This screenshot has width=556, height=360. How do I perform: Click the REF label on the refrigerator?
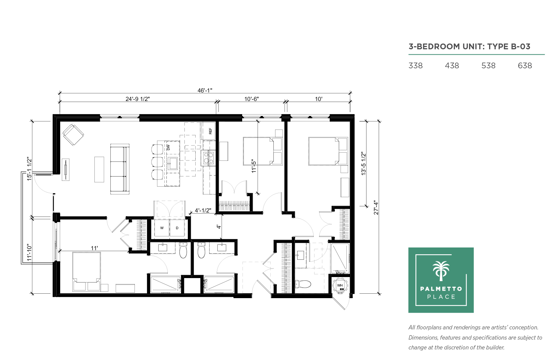point(211,131)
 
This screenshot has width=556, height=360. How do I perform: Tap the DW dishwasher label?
point(168,147)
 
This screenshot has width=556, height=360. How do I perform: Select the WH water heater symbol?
point(340,286)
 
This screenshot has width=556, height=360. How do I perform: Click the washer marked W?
point(162,228)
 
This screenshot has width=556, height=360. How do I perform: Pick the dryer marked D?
point(177,228)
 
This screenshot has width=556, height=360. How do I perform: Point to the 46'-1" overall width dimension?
point(205,90)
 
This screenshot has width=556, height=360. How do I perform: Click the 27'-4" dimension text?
point(376,208)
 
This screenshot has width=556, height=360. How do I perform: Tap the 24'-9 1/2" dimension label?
point(138,99)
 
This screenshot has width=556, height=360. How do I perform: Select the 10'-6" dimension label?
point(251,99)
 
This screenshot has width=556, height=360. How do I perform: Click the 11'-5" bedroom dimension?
point(254,166)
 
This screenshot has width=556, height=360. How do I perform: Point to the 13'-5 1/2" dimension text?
point(364,164)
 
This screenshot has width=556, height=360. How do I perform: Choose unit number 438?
point(452,66)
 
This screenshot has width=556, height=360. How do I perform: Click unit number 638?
point(525,66)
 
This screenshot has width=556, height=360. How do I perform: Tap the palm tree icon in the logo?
point(441,271)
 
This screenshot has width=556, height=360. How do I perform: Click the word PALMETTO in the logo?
point(441,289)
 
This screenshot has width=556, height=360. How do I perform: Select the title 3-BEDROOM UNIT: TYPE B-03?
point(469,47)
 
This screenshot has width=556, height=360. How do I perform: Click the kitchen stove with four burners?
point(208,158)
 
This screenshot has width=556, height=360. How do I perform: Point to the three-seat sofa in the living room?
point(120,169)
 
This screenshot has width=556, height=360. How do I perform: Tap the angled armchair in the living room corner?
point(73,134)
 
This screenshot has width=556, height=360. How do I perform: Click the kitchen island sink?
point(173,163)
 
